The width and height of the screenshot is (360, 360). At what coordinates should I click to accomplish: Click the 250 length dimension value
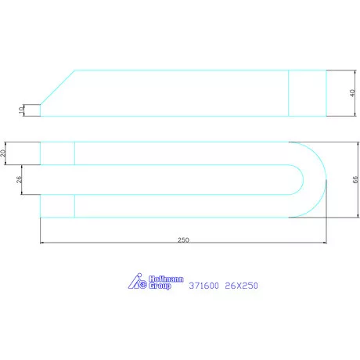(183, 239)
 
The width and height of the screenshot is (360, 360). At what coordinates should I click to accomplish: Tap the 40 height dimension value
(352, 93)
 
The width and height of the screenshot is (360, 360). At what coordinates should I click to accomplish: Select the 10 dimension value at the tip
(21, 110)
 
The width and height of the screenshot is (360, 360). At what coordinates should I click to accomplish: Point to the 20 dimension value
(3, 153)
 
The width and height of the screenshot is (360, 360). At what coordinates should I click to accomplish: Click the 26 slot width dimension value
(19, 179)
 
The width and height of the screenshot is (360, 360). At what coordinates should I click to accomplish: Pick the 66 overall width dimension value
(355, 179)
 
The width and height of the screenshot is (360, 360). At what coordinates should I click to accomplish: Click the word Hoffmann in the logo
(166, 279)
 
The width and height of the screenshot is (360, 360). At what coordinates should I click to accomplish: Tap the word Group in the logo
(160, 286)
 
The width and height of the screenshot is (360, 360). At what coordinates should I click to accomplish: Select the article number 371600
(203, 286)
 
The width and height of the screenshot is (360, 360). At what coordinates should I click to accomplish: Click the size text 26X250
(241, 286)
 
